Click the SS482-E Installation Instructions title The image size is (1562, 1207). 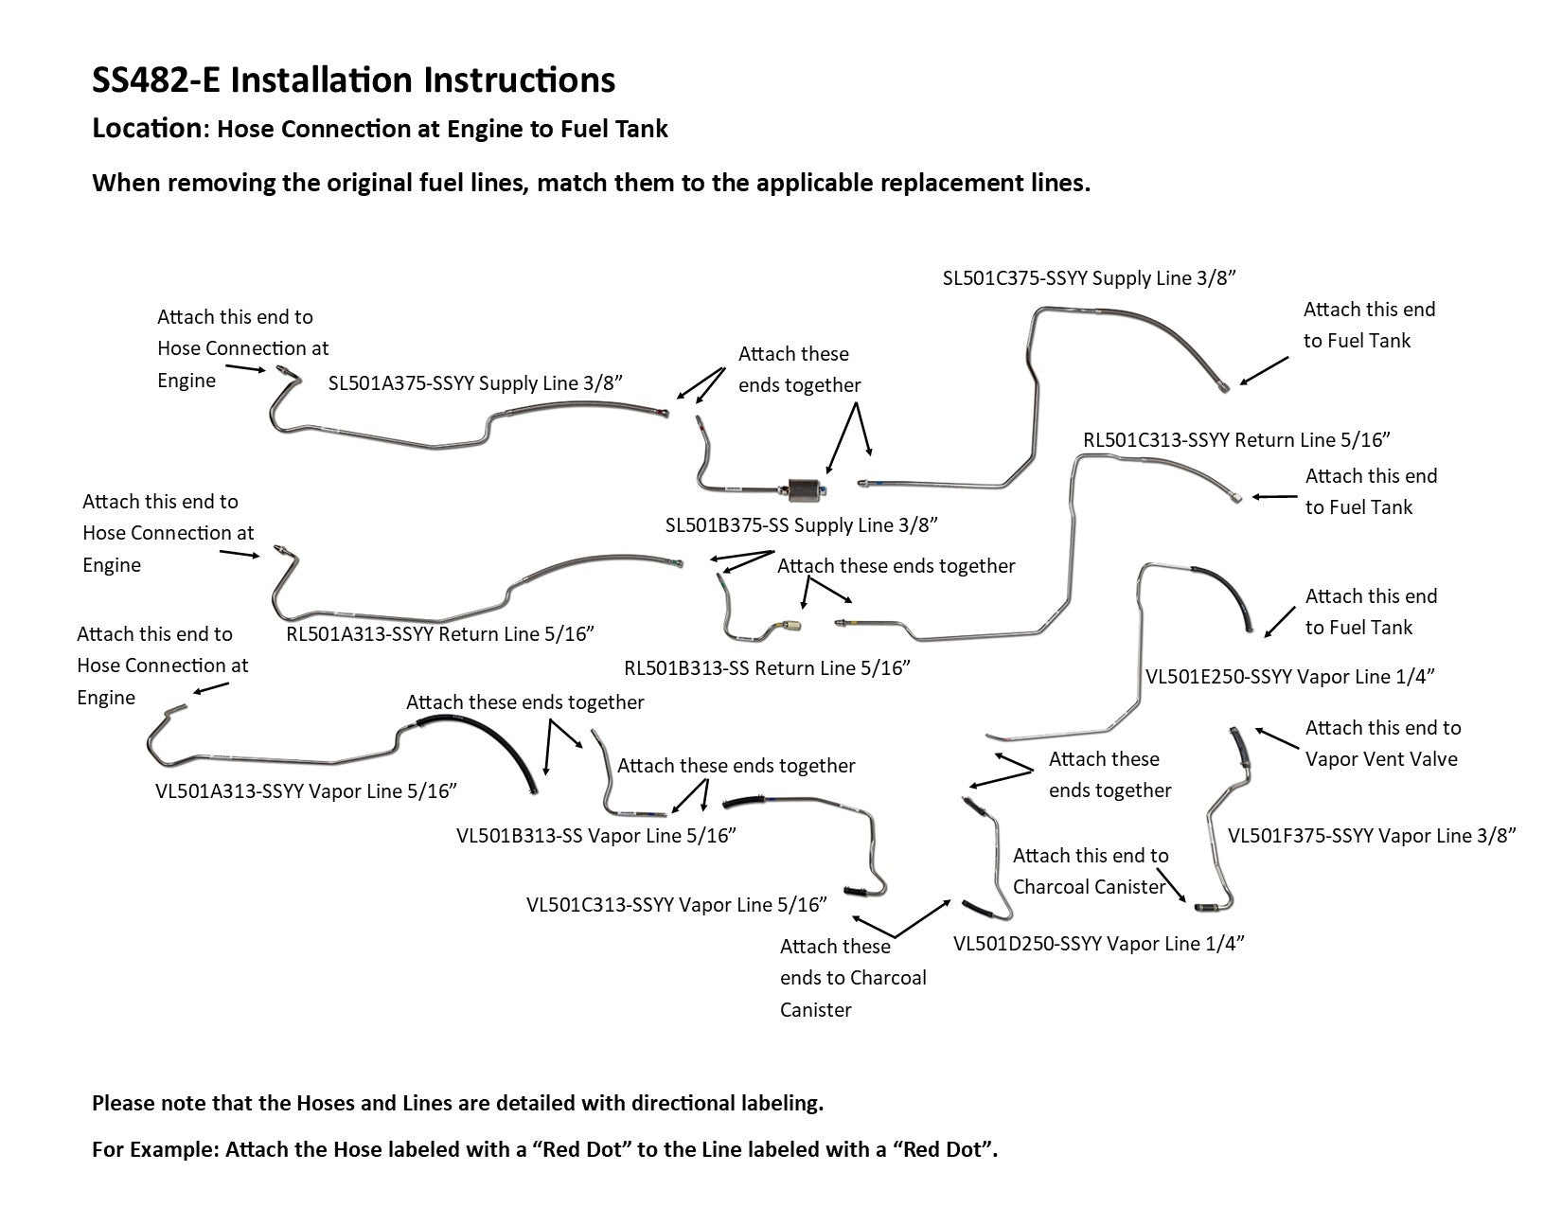click(353, 80)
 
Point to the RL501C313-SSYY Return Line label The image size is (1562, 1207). click(1236, 439)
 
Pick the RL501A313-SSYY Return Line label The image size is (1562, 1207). click(440, 634)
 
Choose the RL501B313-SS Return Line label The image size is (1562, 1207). click(767, 668)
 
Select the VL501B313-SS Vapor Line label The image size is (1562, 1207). click(596, 836)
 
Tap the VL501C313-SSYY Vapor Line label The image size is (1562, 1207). click(677, 905)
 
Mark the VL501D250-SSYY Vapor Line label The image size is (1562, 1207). click(1098, 944)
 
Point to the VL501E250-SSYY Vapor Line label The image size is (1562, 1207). click(1289, 677)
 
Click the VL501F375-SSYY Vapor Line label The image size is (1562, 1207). click(1372, 836)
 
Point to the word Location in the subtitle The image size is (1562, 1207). click(147, 129)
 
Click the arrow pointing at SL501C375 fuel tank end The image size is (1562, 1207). click(1264, 370)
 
